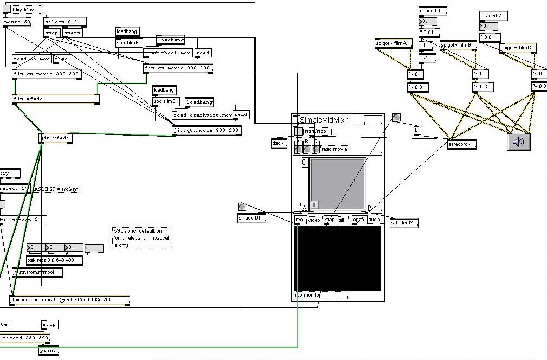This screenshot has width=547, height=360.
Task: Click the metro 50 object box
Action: (17, 22)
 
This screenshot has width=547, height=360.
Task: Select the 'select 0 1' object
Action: (65, 22)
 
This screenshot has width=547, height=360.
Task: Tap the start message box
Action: (72, 33)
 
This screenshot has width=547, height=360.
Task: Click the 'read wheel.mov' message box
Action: (168, 53)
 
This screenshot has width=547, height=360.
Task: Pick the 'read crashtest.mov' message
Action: (202, 115)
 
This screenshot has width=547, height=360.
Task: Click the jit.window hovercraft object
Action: (69, 299)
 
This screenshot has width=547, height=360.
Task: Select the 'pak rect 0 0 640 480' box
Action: (54, 260)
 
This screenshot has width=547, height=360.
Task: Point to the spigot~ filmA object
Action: (394, 44)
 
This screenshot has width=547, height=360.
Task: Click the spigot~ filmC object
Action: (518, 48)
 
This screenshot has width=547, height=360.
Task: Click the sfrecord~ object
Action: (462, 144)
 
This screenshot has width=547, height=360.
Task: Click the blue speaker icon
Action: (519, 142)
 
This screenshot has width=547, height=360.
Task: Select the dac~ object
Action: (279, 143)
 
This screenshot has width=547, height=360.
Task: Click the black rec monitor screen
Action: (337, 258)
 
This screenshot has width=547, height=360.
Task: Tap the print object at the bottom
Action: (49, 351)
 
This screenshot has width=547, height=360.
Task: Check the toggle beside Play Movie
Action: (7, 9)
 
